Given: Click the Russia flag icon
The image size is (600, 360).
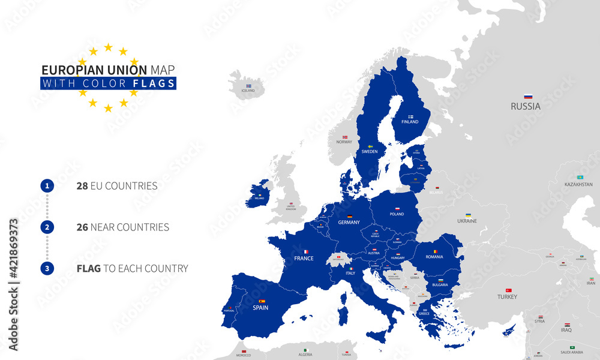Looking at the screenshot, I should pos(528,97).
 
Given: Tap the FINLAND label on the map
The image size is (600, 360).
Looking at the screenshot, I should pos(410,122).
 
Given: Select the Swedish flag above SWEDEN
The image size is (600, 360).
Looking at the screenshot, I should pos(370,146).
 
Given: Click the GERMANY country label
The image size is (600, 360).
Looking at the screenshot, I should pos(349,222).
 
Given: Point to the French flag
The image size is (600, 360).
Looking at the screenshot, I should pos(304,252).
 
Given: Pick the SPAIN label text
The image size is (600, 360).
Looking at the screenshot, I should pos(260,308).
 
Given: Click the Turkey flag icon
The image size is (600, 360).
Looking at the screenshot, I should pos(508,290).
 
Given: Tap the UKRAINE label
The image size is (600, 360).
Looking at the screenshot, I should pos(467,221).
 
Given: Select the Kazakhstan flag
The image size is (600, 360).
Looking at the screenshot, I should pos(580,178).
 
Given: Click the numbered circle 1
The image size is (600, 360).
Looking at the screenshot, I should pos(47,186).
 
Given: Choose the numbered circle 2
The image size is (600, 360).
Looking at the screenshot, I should pos(47,227).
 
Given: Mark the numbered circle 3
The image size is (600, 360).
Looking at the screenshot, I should pos(47,269).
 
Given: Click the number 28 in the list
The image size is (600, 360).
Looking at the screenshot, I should pos(82,186).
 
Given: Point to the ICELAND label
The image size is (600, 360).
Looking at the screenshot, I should pos(248,91).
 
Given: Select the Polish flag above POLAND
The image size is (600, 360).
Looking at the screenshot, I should pos(397,208).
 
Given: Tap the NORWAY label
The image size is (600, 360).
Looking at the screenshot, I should pos(344,142).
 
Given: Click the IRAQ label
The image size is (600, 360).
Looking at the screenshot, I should pos(566,330).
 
